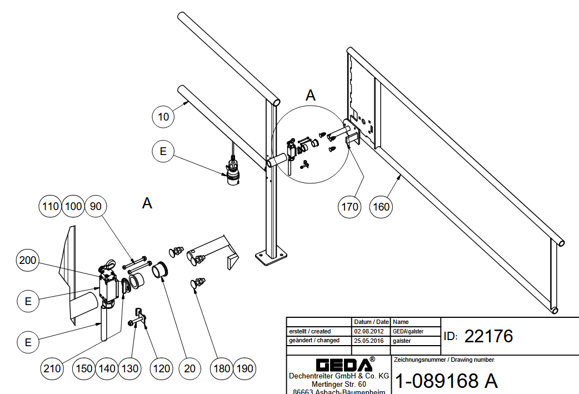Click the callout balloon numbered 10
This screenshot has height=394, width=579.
(163, 117)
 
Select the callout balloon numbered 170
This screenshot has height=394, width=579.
(350, 207)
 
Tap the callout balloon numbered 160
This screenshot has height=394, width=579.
(381, 207)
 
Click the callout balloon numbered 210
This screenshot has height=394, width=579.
(53, 368)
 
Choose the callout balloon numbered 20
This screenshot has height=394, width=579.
(190, 368)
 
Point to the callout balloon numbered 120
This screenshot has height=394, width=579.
(161, 368)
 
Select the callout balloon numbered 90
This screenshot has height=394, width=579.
(96, 206)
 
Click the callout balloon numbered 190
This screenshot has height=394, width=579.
(245, 368)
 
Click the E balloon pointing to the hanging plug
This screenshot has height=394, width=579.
(163, 152)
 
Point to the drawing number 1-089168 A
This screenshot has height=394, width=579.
(446, 381)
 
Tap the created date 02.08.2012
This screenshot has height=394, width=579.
(371, 331)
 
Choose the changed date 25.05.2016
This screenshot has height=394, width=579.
(371, 340)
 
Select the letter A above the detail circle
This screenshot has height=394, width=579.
(311, 95)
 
